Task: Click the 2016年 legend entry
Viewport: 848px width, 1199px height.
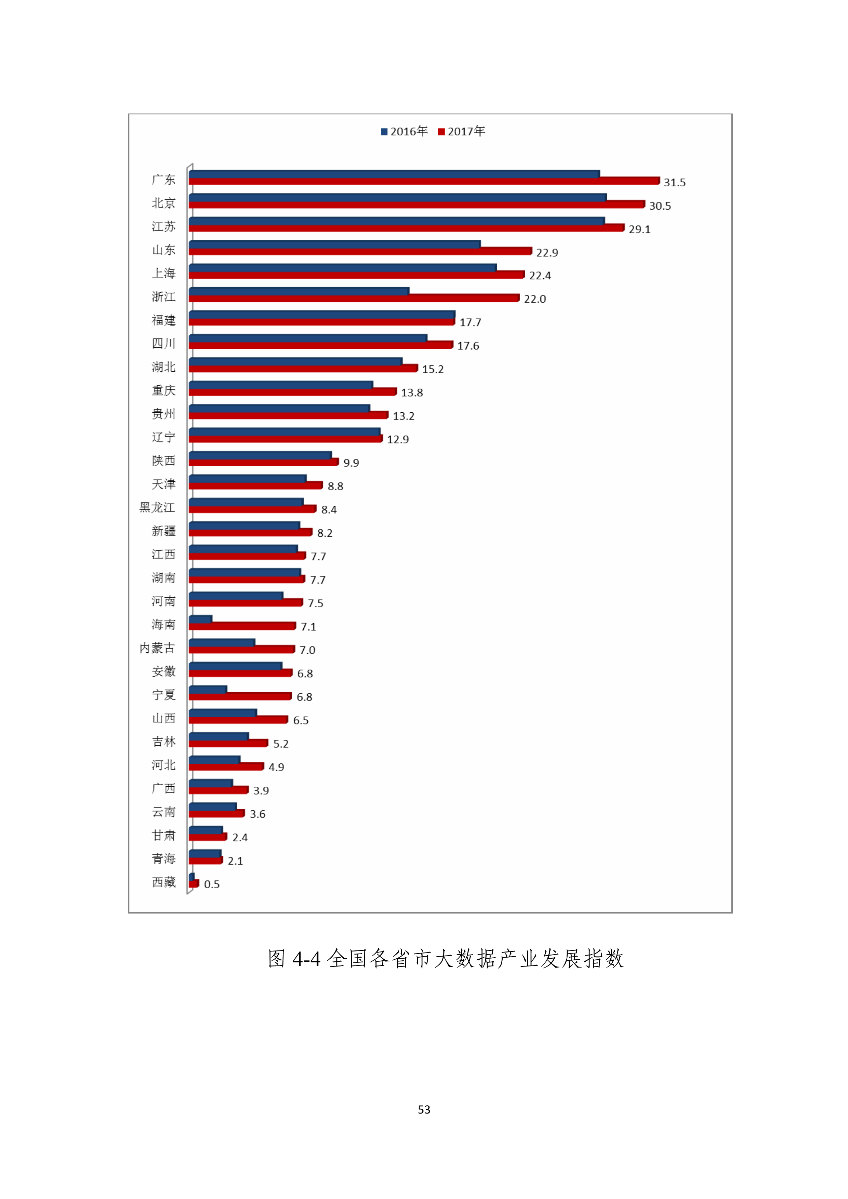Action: pyautogui.click(x=405, y=132)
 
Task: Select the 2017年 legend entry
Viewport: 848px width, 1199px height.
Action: pyautogui.click(x=462, y=132)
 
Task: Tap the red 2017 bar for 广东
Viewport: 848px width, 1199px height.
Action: pyautogui.click(x=423, y=181)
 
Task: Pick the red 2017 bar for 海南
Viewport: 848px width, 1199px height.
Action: pyautogui.click(x=242, y=626)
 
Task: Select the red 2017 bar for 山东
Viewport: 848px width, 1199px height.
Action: pyautogui.click(x=360, y=252)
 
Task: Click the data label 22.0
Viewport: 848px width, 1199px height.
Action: pyautogui.click(x=535, y=299)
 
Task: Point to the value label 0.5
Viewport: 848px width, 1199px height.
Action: pyautogui.click(x=211, y=884)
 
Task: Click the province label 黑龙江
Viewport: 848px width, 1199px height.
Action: pyautogui.click(x=157, y=508)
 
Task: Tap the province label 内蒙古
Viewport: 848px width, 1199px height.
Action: pyautogui.click(x=157, y=648)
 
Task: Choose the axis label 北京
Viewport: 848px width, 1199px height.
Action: pyautogui.click(x=163, y=203)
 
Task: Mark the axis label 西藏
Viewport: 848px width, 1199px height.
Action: pyautogui.click(x=163, y=882)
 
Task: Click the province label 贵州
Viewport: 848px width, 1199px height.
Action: pyautogui.click(x=163, y=414)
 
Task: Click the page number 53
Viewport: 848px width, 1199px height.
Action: pyautogui.click(x=424, y=1110)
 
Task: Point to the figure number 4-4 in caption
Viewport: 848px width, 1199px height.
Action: pyautogui.click(x=306, y=959)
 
